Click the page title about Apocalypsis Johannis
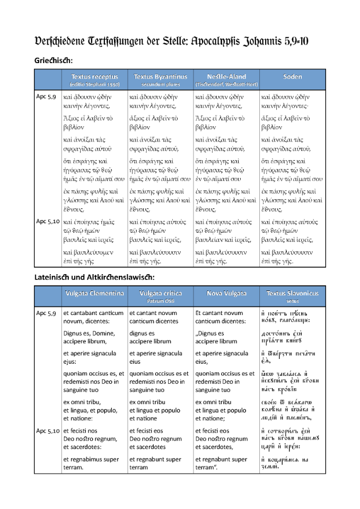(180, 41)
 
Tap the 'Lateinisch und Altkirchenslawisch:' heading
(94, 277)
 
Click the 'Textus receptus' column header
(94, 77)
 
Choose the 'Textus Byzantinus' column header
(161, 77)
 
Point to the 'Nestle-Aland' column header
(227, 77)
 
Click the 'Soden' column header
(293, 77)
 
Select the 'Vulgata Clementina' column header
(94, 293)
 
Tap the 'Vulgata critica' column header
(161, 293)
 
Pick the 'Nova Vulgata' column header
(227, 293)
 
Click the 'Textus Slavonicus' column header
(293, 293)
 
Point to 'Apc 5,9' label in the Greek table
(46, 97)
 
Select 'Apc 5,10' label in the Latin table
(48, 431)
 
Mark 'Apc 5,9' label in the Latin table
(46, 313)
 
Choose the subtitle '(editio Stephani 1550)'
(94, 84)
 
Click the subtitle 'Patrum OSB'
(161, 301)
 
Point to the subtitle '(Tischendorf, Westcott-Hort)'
(227, 84)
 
